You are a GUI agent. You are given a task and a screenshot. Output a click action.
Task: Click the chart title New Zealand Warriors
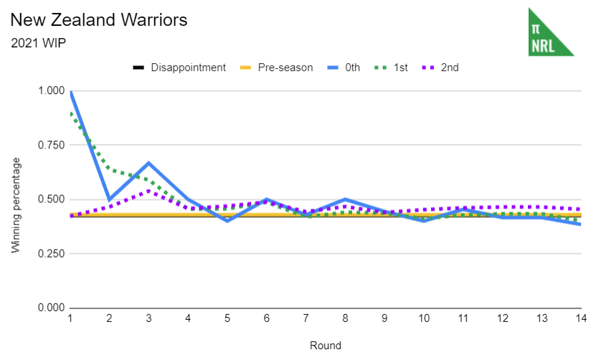[x=100, y=19]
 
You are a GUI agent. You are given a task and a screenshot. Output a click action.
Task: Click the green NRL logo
[x=551, y=32]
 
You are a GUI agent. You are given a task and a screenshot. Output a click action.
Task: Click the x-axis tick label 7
[x=306, y=317]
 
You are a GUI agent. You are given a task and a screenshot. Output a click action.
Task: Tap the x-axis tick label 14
[x=580, y=317]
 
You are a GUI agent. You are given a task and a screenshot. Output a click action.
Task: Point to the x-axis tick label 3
[x=149, y=317]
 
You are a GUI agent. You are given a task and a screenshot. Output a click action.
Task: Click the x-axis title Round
[x=325, y=345]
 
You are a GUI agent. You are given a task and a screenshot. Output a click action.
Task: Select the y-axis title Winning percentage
[x=16, y=204]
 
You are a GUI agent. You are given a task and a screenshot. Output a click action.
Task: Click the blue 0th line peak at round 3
[x=149, y=164]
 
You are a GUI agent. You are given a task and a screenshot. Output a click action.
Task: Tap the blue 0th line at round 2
[x=110, y=199]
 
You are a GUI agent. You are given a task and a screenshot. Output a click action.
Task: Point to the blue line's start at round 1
[x=71, y=92]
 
